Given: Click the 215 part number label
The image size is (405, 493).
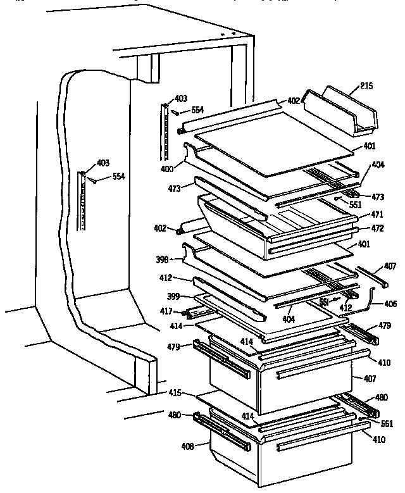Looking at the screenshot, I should pyautogui.click(x=366, y=85).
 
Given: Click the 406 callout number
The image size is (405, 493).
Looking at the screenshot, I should pyautogui.click(x=390, y=304).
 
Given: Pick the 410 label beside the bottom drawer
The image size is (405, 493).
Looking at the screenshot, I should pyautogui.click(x=378, y=439).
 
